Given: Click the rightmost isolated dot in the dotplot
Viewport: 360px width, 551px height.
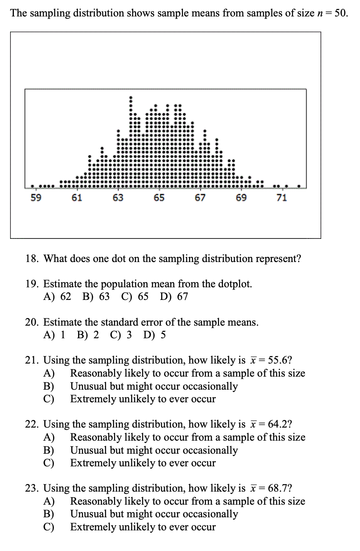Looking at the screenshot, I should click(299, 185).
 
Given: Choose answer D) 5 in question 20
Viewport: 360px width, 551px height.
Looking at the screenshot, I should click(154, 335).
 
